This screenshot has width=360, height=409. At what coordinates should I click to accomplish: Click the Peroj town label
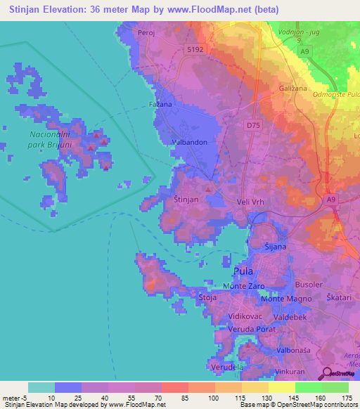pos(146,33)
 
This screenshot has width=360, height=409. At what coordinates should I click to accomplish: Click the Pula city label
pos(242,271)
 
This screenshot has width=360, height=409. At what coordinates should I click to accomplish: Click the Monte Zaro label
pos(242,286)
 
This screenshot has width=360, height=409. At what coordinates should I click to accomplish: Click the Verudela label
pos(226,367)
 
